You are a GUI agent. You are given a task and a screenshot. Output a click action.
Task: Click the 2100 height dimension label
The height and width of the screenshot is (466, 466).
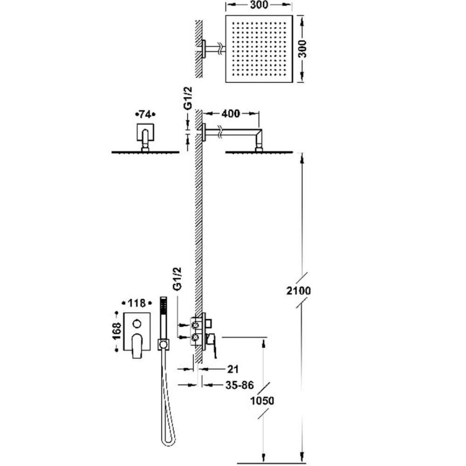(298, 291)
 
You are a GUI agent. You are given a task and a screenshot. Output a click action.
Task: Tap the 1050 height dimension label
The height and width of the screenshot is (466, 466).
(262, 401)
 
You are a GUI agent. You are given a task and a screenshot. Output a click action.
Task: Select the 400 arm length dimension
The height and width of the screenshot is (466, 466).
(231, 113)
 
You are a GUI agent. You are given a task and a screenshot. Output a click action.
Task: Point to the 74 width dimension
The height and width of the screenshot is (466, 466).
(145, 115)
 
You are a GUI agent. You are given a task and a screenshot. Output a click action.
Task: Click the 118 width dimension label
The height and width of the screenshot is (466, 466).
(137, 303)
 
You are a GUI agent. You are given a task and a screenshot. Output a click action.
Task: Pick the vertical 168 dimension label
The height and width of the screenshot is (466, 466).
(117, 331)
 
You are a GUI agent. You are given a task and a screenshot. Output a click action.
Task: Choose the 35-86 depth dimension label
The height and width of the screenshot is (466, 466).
(240, 385)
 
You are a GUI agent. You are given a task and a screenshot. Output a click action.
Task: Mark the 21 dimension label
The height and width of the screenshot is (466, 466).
(233, 369)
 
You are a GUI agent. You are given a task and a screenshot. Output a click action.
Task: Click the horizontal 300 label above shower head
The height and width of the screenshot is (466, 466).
(259, 5)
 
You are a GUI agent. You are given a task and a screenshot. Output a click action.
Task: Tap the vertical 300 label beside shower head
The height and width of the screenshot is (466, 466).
(302, 49)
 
